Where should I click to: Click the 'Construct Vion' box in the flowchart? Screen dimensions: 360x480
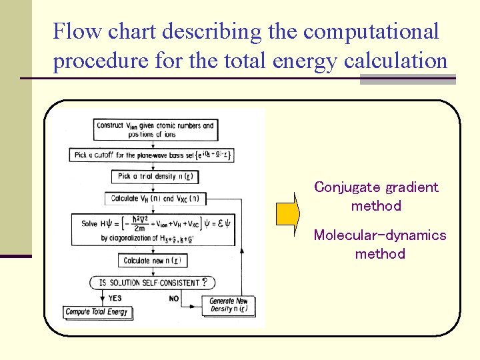155,130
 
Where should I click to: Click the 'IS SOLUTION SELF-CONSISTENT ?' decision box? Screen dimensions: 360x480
153,283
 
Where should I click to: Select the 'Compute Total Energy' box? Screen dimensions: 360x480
98,312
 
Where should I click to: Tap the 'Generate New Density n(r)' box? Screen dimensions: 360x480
229,305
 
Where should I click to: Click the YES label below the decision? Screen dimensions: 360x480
115,298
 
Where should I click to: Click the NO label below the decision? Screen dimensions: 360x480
174,299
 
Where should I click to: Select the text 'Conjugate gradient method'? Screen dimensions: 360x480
376,197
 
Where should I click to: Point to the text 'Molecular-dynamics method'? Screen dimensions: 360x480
379,244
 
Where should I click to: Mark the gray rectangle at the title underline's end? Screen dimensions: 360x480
407,79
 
